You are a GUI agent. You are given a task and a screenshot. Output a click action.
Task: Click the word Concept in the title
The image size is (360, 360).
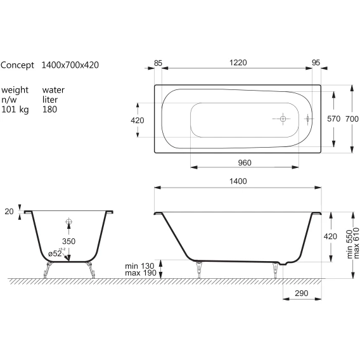click(17, 65)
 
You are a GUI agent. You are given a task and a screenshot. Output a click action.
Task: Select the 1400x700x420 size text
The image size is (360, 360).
click(70, 65)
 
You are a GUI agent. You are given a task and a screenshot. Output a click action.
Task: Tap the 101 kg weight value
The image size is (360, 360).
click(15, 110)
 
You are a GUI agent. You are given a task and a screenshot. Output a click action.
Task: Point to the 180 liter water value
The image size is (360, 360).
click(49, 109)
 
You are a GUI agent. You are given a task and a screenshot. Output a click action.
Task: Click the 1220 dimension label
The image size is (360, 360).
click(238, 63)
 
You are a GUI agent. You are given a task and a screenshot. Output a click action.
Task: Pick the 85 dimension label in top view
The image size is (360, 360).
click(158, 63)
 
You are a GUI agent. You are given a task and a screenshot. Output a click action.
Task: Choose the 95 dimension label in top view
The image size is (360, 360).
click(316, 63)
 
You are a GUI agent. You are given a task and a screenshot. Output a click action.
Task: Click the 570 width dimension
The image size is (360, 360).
click(333, 119)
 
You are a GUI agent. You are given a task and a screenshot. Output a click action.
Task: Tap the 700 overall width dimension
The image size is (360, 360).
click(352, 119)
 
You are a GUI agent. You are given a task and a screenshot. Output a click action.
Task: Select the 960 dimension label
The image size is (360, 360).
click(245, 163)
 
